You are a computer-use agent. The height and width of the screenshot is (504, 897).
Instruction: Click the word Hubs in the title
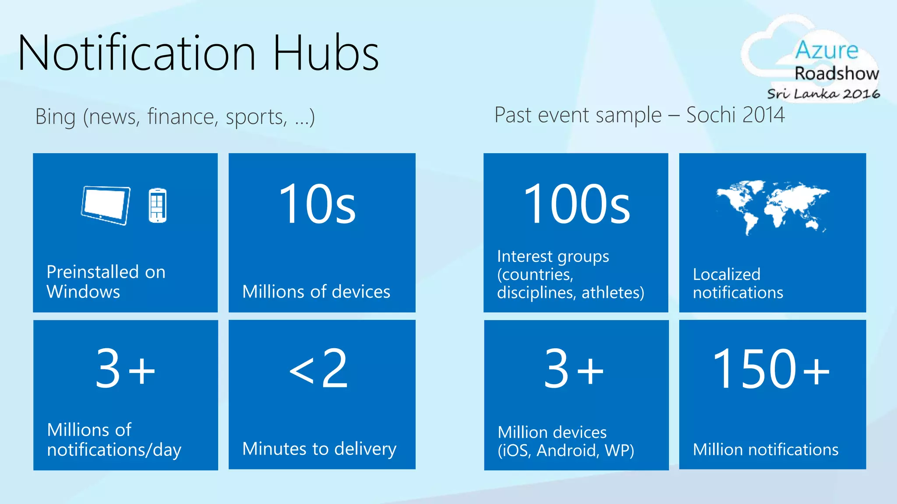click(326, 53)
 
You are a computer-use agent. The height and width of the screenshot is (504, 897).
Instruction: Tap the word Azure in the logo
click(826, 50)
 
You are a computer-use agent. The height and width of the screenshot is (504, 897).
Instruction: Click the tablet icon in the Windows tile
click(106, 205)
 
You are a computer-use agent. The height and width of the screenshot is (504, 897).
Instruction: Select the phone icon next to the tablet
click(157, 205)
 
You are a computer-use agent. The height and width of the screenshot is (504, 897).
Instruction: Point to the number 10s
click(317, 204)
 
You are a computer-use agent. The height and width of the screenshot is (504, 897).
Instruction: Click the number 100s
click(576, 204)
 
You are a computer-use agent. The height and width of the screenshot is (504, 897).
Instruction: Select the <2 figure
click(319, 368)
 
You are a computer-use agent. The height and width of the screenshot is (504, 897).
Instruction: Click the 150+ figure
click(771, 368)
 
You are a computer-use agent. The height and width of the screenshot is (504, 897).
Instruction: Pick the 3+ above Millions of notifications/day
click(125, 368)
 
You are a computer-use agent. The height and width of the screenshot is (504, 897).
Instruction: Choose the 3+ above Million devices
click(574, 368)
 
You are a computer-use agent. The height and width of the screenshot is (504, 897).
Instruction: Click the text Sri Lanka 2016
click(823, 94)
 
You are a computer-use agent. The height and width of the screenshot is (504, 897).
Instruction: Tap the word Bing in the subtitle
click(55, 117)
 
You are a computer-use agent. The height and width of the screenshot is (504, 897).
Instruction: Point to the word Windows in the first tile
click(83, 292)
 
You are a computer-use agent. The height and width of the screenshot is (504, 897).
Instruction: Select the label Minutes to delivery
click(319, 449)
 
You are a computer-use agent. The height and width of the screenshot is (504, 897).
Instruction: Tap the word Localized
click(726, 274)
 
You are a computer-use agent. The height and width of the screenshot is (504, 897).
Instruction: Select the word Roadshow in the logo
click(837, 73)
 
